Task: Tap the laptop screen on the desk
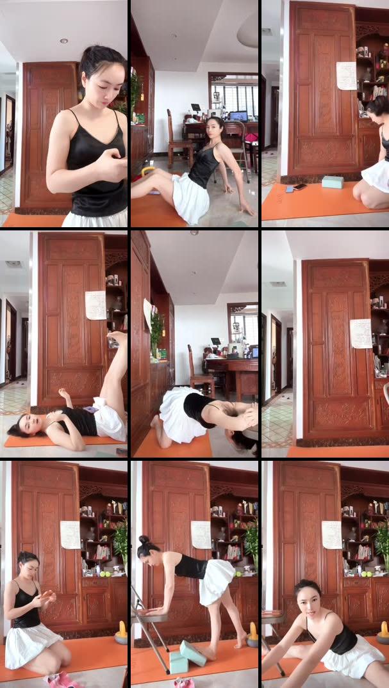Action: [x=238, y=116]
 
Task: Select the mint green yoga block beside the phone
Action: [x=332, y=182]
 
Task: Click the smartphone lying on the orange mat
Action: [x=299, y=188]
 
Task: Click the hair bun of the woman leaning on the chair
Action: [x=144, y=540]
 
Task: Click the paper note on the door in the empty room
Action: [x=361, y=333]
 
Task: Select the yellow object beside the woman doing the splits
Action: [x=383, y=631]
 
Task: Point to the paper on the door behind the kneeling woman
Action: [x=70, y=534]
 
